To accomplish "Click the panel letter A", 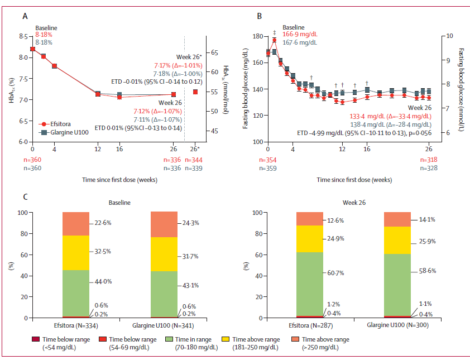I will coord(25,16).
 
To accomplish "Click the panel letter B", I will coord(259,16).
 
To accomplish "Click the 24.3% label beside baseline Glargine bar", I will coord(191,223).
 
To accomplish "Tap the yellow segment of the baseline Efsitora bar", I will coord(76,253).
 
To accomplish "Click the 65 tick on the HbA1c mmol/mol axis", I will coord(213,52).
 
